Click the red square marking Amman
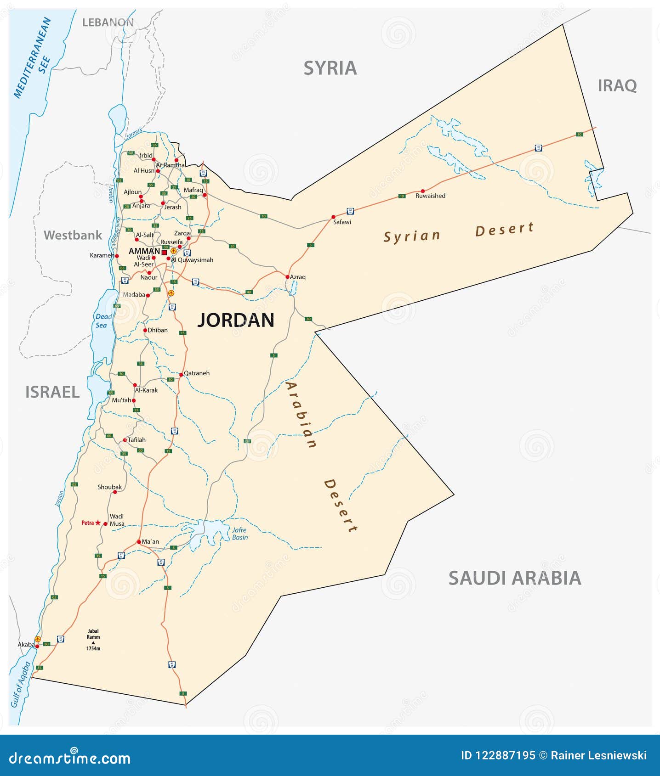tap(164, 252)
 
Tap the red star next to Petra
tap(97, 523)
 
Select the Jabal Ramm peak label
tap(93, 634)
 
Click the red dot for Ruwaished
tap(423, 191)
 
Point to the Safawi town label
tap(342, 222)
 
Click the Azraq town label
tap(298, 277)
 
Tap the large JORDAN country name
tap(236, 320)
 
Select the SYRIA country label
tap(330, 68)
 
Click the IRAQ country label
tap(617, 86)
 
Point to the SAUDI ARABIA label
tap(514, 578)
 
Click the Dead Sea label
tap(102, 321)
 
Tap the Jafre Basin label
tap(239, 534)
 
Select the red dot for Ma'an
tap(139, 542)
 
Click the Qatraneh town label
tap(197, 373)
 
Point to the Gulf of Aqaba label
tap(21, 684)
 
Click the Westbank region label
tap(73, 235)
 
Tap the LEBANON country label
tap(108, 22)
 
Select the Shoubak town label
tap(109, 487)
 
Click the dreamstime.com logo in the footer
tap(70, 758)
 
